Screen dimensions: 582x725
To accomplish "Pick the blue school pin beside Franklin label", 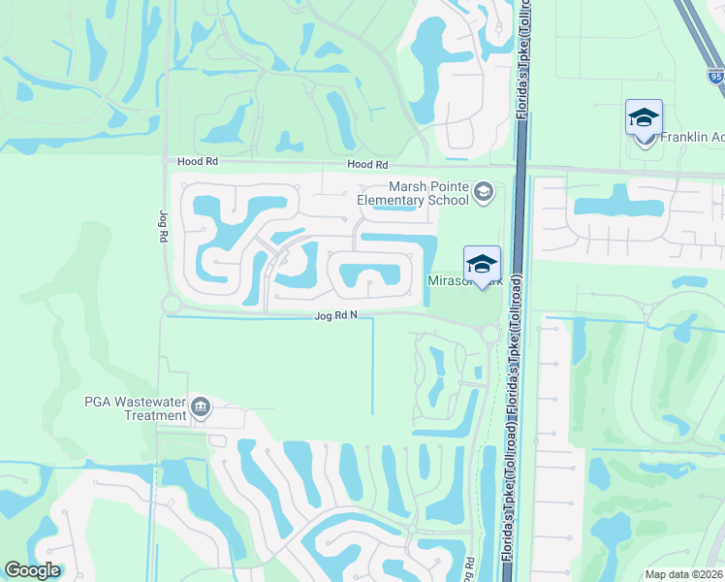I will click(644, 119).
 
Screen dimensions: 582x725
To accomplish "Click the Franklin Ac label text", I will click(692, 138).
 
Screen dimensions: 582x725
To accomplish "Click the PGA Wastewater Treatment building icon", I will click(201, 406).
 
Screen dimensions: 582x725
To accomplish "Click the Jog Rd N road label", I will click(335, 316).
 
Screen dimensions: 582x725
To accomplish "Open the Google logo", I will click(33, 570).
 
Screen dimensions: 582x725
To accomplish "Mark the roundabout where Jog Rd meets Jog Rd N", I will click(172, 305).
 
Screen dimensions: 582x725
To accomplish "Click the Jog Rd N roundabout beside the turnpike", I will click(489, 334).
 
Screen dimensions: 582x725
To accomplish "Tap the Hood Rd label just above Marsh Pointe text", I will click(368, 166).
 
